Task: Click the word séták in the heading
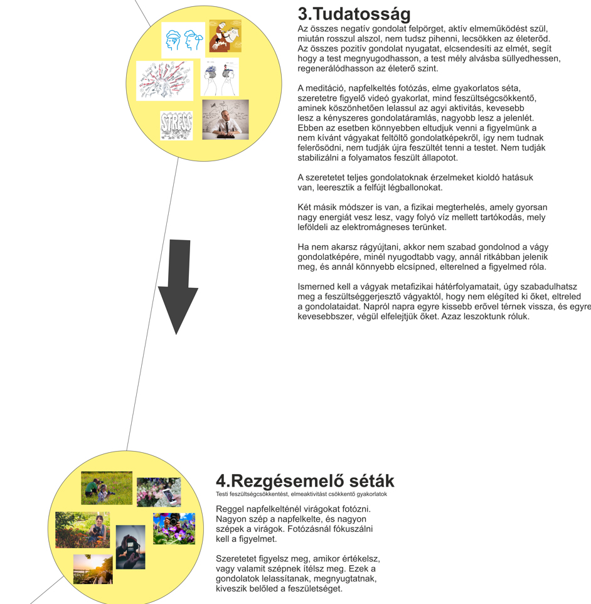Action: coord(369,481)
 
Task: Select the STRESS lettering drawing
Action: coord(176,125)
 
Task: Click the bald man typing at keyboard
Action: coord(225,119)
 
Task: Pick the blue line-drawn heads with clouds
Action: coord(183,40)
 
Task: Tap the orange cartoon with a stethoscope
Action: coord(225,36)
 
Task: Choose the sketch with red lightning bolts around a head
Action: coord(164,81)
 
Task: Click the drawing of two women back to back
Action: coord(220,77)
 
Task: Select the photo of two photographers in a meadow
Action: coord(107,488)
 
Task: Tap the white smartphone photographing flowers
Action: coord(159,492)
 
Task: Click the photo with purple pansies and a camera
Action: coord(174,528)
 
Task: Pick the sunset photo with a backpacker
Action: coord(93,569)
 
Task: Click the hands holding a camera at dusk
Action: coord(130,546)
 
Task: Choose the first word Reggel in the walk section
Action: coord(231,509)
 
